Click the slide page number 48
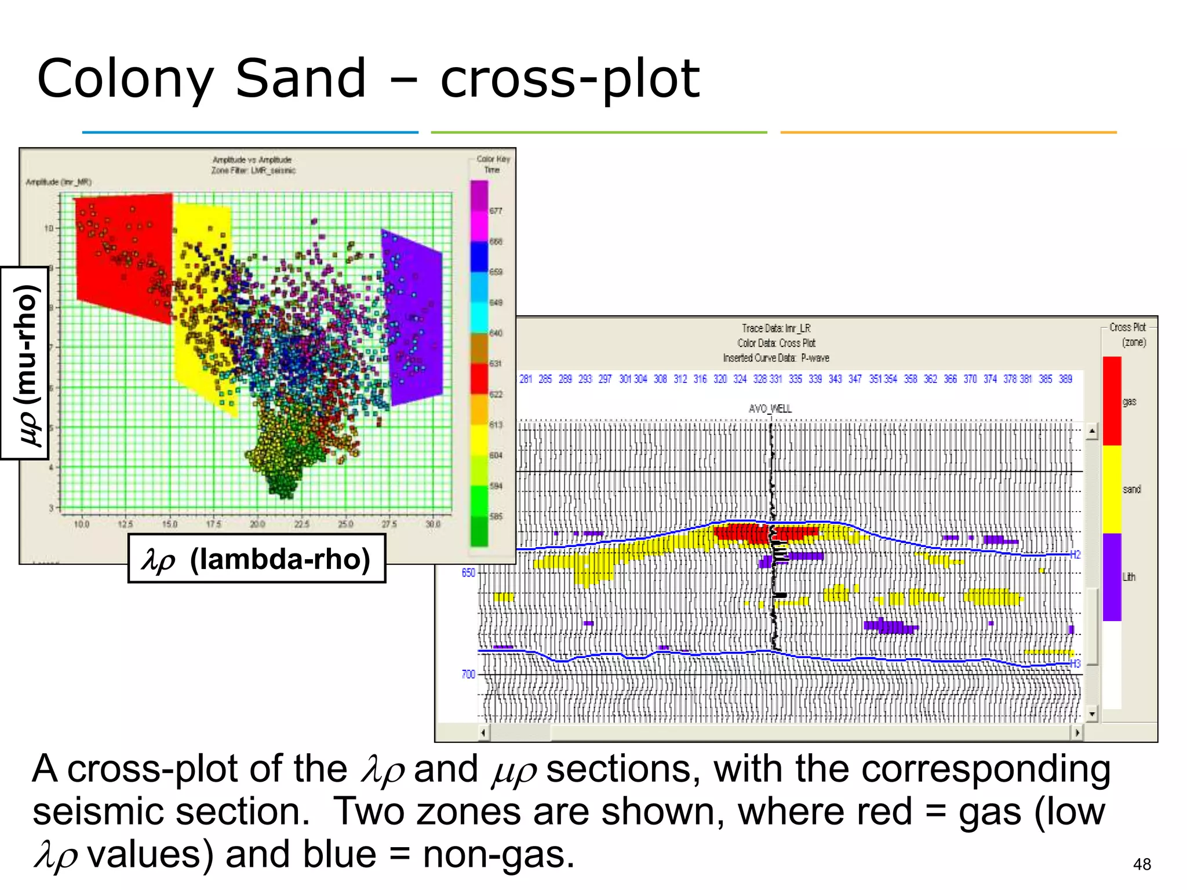point(1141,864)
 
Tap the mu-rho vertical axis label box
point(24,363)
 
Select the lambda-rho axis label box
point(257,559)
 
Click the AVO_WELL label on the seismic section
point(770,408)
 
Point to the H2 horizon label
point(1075,555)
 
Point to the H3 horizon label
point(1075,663)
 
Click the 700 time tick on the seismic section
point(468,674)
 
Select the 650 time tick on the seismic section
point(468,572)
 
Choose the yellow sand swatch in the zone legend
point(1112,489)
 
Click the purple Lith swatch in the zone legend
point(1112,577)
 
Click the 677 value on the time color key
point(496,211)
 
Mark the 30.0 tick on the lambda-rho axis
point(433,524)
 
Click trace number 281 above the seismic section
point(526,379)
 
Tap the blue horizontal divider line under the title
point(250,132)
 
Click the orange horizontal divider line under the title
point(948,132)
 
